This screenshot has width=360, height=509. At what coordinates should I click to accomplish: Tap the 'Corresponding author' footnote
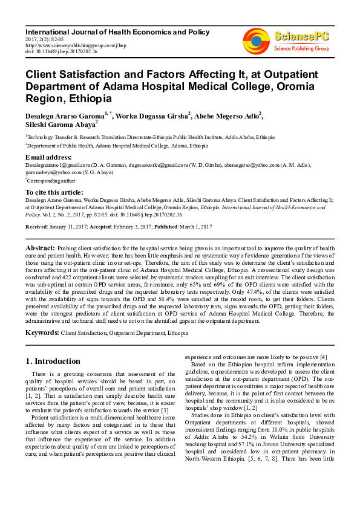click(51, 180)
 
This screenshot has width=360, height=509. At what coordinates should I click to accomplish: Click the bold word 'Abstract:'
click(41, 248)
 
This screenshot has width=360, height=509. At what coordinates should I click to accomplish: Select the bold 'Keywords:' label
click(42, 332)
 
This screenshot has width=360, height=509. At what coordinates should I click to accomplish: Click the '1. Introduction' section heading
click(53, 361)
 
